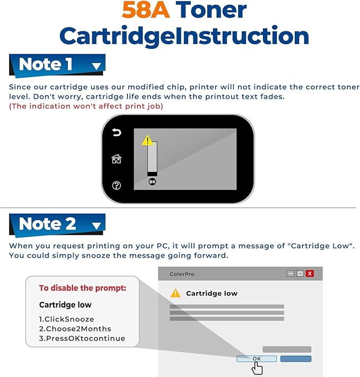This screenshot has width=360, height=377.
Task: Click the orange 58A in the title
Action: coord(146,10)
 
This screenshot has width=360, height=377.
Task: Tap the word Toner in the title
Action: coord(211,10)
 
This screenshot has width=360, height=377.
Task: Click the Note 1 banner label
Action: coord(46,65)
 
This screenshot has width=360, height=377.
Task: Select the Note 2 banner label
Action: coord(47,224)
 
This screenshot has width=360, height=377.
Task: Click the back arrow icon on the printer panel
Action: coord(117,132)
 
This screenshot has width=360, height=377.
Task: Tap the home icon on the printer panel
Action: coord(117,159)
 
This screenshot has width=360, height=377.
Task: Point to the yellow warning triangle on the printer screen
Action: coord(147,141)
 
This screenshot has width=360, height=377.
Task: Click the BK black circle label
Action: coord(152,182)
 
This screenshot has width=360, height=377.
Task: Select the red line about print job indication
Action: coord(86,106)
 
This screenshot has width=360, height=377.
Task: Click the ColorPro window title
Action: coord(182,274)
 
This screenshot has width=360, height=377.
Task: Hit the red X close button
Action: coord(310,274)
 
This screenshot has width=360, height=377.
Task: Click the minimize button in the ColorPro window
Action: coord(291,274)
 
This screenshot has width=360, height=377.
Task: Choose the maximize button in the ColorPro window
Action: coord(300,274)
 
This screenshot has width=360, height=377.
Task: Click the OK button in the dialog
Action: coord(257,359)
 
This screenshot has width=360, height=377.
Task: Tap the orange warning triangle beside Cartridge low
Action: coord(175,293)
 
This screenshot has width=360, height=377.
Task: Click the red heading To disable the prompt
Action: coord(83,288)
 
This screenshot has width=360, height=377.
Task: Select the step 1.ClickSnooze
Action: coord(67,319)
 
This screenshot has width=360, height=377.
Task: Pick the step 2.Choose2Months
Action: coord(75,329)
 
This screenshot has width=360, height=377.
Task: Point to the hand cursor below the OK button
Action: coord(257,367)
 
